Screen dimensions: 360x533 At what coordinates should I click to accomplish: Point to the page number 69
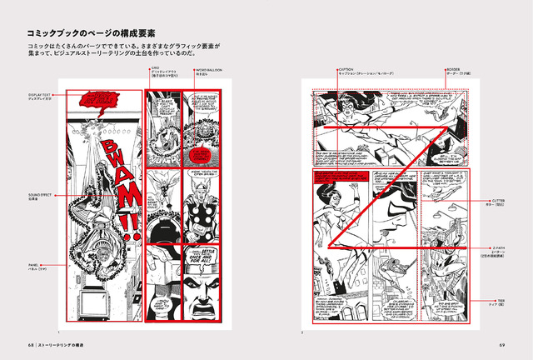(x=502, y=342)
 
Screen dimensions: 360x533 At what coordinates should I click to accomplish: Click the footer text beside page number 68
(x=67, y=342)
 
